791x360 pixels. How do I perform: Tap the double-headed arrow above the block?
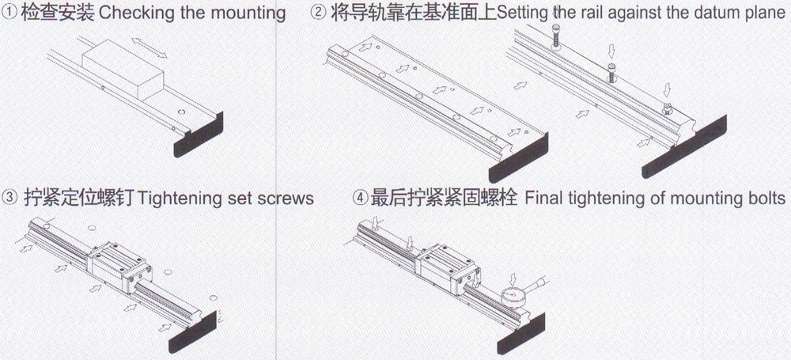149,47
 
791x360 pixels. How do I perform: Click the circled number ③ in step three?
9,198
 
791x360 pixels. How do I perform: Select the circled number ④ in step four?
360,198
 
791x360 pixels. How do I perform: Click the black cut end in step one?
199,135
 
